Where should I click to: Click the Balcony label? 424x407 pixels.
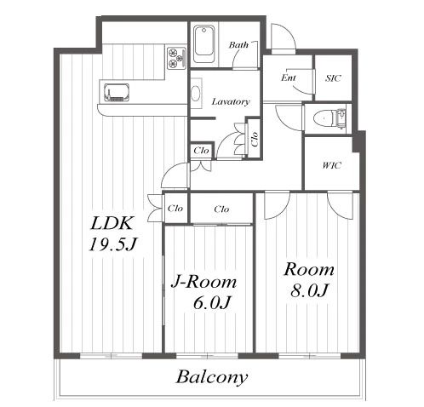click(212, 377)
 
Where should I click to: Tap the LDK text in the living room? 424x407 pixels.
click(112, 223)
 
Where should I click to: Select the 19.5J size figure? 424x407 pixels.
click(113, 244)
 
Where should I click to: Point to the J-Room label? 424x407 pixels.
click(203, 282)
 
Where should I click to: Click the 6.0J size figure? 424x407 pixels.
click(212, 303)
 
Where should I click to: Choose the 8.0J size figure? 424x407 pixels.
click(309, 290)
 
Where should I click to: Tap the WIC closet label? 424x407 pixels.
click(331, 165)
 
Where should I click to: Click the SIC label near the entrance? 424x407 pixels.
click(333, 78)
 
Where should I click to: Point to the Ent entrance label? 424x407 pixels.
click(289, 77)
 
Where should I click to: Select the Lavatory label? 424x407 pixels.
click(231, 101)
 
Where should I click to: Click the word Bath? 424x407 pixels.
click(238, 45)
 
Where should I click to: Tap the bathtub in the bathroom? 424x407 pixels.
click(204, 44)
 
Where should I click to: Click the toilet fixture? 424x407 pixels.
click(329, 118)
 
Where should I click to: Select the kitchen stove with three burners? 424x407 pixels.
click(176, 58)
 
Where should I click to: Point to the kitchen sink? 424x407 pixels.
click(117, 92)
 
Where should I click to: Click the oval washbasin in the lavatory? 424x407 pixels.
click(195, 93)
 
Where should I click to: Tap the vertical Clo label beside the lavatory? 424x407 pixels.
click(255, 139)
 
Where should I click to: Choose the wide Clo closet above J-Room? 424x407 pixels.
click(221, 209)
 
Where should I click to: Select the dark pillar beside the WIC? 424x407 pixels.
click(358, 141)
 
